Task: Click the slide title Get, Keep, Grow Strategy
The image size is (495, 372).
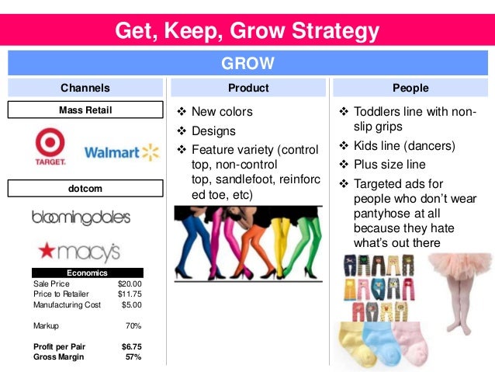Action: coord(247,30)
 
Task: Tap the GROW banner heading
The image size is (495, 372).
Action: coord(247,63)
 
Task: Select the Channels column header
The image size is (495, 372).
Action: coord(85,88)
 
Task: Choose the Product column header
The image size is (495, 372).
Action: coord(248,88)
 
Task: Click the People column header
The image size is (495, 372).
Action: coord(410,88)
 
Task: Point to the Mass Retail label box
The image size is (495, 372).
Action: coord(85,110)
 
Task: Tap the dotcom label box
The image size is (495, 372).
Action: coord(85,188)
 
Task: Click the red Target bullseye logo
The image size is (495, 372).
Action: coord(50,144)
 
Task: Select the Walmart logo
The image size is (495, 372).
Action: coord(121,152)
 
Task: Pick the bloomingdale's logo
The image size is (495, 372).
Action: coord(81,217)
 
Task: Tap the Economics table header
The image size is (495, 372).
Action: coord(87,273)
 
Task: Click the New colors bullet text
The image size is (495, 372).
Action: coord(222,112)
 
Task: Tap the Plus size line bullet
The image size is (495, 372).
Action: coord(389,165)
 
